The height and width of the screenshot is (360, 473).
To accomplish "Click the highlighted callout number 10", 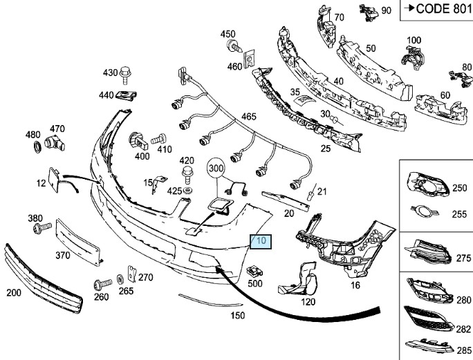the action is pos(261,241).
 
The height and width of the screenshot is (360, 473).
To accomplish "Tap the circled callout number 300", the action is pos(216,168).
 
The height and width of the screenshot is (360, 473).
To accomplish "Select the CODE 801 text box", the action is pos(436,10).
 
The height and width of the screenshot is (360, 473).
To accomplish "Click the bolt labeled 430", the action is pos(124,75).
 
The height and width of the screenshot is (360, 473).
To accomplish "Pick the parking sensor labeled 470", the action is pos(55,144).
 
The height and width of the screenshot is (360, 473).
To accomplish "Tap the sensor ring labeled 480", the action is pos(37,147).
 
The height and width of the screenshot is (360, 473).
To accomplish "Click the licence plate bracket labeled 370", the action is pos(78,242).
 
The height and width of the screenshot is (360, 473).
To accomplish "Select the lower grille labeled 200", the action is pos(42,279).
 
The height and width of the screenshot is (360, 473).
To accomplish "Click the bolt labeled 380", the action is pos(42,227).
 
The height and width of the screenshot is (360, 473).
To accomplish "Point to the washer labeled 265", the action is pos(120,279).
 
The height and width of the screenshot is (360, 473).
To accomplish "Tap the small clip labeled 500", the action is pos(254,271).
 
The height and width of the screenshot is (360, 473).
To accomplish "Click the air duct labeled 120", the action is pos(299,279).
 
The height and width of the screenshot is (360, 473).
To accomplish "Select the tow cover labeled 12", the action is pos(54,180).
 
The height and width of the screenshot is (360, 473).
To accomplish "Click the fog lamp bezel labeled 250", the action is pos(427,184).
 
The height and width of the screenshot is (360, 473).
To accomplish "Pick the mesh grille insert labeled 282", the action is pos(428,319).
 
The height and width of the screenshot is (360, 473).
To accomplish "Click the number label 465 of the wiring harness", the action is pos(248,116).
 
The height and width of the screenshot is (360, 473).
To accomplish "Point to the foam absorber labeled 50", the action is pos(374,67).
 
